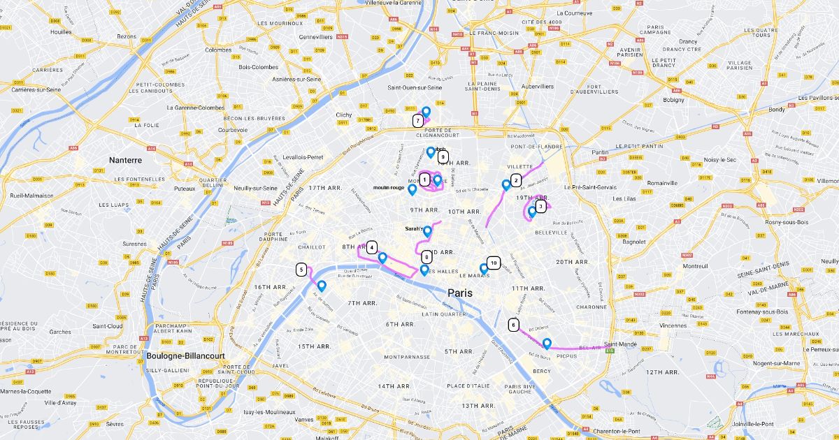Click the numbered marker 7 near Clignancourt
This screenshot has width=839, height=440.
pyautogui.click(x=417, y=121)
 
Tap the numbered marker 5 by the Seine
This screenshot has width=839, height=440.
pyautogui.click(x=301, y=270)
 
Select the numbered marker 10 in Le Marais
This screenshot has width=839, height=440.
pyautogui.click(x=494, y=263)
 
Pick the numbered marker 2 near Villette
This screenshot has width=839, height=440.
pyautogui.click(x=516, y=180)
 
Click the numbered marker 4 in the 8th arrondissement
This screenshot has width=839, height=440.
pyautogui.click(x=372, y=247)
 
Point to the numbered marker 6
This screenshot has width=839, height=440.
pyautogui.click(x=514, y=325)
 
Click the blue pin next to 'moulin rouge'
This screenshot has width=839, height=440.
pyautogui.click(x=413, y=189)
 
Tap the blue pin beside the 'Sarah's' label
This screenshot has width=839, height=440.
pyautogui.click(x=428, y=230)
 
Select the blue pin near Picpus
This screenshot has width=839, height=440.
pyautogui.click(x=547, y=343)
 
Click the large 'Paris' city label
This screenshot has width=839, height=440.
pyautogui.click(x=460, y=293)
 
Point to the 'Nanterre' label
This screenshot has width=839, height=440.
pyautogui.click(x=125, y=160)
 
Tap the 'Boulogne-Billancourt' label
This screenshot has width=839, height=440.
pyautogui.click(x=186, y=355)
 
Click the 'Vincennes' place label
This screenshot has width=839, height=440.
pyautogui.click(x=673, y=325)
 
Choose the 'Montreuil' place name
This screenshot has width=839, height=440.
pyautogui.click(x=695, y=266)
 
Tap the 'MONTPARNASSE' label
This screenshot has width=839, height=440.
pyautogui.click(x=406, y=357)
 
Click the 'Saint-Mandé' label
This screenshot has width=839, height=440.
pyautogui.click(x=621, y=344)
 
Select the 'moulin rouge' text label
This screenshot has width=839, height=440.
pyautogui.click(x=389, y=187)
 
